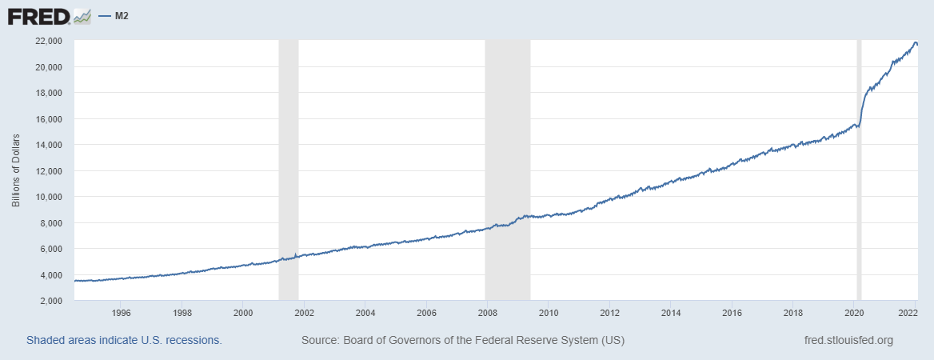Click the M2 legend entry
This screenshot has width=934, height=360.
click(x=116, y=16)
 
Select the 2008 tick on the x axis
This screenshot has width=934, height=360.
click(x=487, y=313)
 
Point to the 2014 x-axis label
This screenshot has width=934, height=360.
click(x=670, y=313)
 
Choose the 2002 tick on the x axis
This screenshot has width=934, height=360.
click(x=304, y=313)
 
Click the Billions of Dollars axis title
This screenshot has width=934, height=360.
click(x=16, y=170)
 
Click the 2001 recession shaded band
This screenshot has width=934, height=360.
click(x=288, y=160)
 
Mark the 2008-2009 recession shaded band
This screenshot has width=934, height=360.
click(x=508, y=160)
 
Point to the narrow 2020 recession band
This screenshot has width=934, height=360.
click(x=859, y=200)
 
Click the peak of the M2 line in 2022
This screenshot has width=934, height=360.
click(x=915, y=42)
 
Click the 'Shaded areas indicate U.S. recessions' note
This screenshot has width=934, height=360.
click(x=124, y=340)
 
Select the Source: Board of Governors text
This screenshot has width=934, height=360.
click(x=462, y=340)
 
